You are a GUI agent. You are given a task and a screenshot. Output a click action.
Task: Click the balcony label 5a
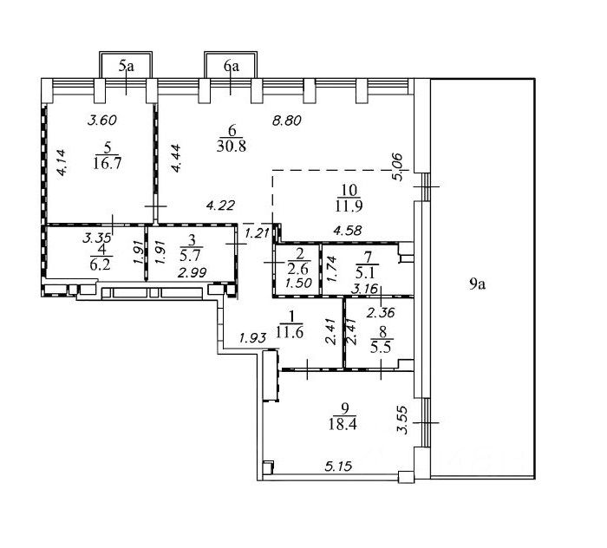pos(127,64)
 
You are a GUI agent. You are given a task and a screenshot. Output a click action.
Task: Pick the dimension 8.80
pos(286,122)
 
